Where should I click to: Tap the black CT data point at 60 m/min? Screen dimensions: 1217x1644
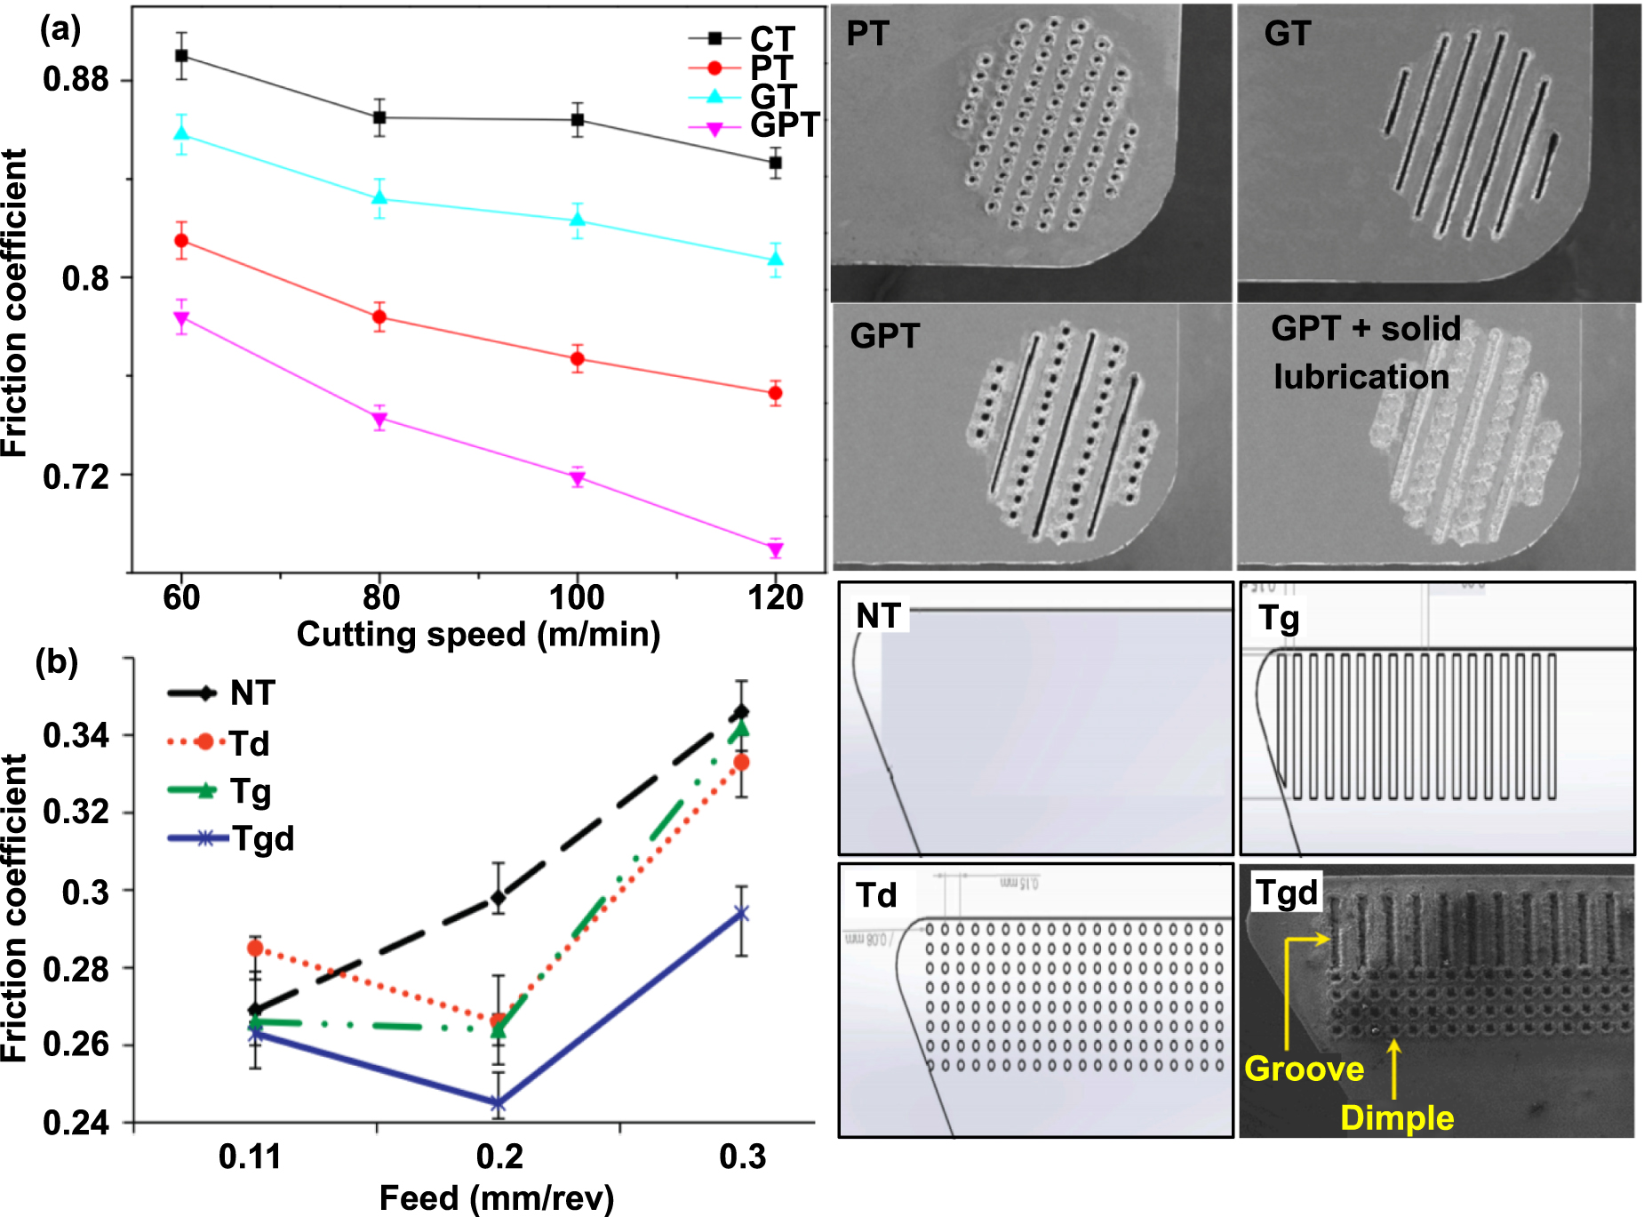pyautogui.click(x=181, y=56)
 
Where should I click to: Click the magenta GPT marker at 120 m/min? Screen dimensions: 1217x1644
pyautogui.click(x=775, y=549)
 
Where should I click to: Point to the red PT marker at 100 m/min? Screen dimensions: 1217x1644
pyautogui.click(x=578, y=359)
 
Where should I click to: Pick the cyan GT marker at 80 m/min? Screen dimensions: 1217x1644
pyautogui.click(x=379, y=197)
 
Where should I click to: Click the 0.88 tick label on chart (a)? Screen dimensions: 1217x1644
pyautogui.click(x=76, y=80)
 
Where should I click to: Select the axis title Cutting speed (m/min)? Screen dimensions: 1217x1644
pyautogui.click(x=478, y=635)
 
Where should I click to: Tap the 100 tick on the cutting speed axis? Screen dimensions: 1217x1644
pyautogui.click(x=577, y=597)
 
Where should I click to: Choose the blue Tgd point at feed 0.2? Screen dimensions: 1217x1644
pyautogui.click(x=498, y=1104)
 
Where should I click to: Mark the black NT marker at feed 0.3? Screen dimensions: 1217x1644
pyautogui.click(x=741, y=712)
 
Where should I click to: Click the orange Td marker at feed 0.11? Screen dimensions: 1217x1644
pyautogui.click(x=255, y=949)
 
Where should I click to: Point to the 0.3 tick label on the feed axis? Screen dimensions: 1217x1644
pyautogui.click(x=742, y=1157)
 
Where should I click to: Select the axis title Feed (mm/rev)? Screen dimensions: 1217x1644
pyautogui.click(x=496, y=1198)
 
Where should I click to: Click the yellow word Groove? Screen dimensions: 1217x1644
pyautogui.click(x=1304, y=1069)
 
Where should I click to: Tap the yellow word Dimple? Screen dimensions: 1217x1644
pyautogui.click(x=1396, y=1118)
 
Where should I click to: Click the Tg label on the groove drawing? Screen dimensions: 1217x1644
pyautogui.click(x=1279, y=617)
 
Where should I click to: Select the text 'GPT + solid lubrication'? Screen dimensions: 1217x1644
pyautogui.click(x=1365, y=352)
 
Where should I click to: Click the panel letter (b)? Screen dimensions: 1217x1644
pyautogui.click(x=57, y=662)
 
